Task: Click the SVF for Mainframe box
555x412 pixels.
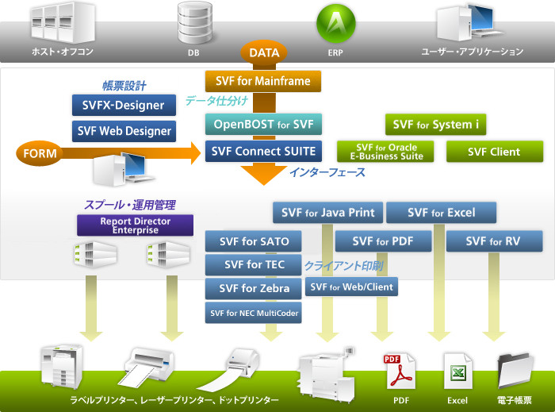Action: (x=262, y=81)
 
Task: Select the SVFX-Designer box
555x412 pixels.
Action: (x=123, y=105)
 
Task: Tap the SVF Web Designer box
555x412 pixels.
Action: (x=123, y=131)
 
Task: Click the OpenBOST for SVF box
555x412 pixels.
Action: (x=262, y=124)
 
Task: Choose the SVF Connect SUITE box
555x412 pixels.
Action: (x=262, y=151)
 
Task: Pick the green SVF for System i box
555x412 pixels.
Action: (x=435, y=124)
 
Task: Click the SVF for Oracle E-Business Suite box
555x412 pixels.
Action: (x=387, y=152)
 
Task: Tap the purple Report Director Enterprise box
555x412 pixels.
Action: (x=135, y=225)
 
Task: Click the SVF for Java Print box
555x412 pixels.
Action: (x=328, y=213)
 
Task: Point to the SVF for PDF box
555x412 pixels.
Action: (x=383, y=241)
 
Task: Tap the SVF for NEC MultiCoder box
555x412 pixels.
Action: (x=254, y=313)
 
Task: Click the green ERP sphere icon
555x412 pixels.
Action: (x=337, y=22)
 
